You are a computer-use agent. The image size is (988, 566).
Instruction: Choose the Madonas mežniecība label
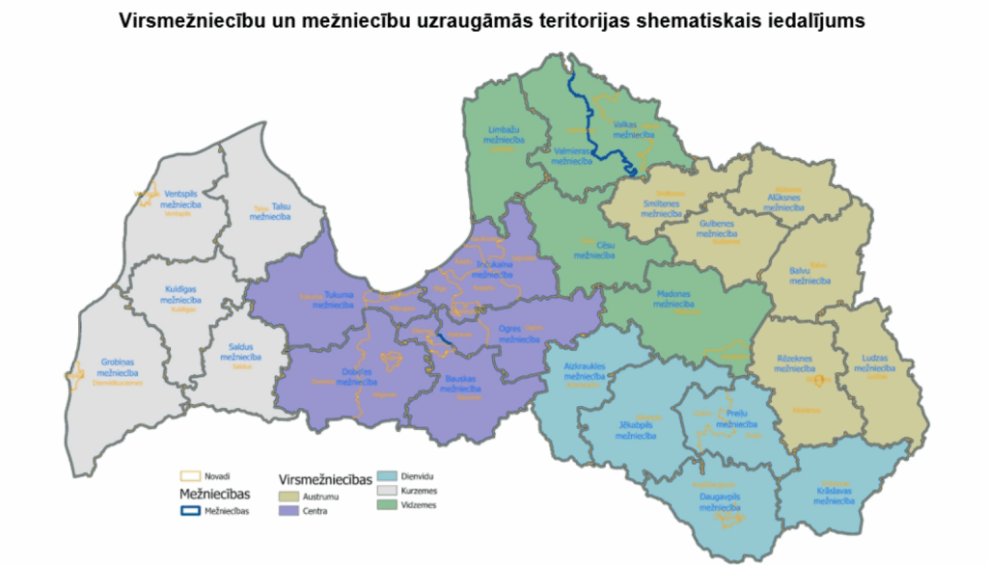(673, 299)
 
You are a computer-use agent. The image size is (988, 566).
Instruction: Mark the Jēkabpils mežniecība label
(635, 429)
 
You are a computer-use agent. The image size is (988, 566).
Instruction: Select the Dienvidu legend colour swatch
(388, 475)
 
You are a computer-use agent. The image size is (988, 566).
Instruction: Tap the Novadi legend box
(191, 475)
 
